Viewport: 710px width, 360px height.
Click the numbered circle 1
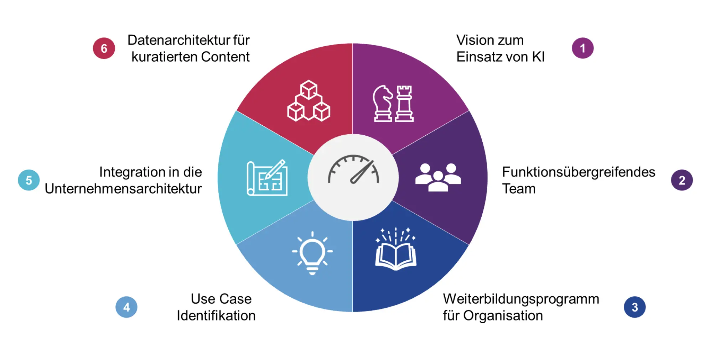582,48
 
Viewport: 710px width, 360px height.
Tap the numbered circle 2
682,180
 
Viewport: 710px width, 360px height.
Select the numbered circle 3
634,307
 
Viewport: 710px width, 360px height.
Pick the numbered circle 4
126,307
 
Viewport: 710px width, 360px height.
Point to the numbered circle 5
28,180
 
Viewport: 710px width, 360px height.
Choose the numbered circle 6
104,48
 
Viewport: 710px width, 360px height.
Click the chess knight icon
383,104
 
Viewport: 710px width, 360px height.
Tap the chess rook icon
404,104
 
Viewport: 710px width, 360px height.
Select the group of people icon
438,177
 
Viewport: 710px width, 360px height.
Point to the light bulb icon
312,253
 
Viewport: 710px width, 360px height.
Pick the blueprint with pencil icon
267,178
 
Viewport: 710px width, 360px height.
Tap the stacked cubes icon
309,101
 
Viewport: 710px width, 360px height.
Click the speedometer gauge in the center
353,169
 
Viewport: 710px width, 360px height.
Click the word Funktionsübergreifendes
579,172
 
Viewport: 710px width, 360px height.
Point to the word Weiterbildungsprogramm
521,299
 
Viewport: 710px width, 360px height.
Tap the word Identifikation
216,316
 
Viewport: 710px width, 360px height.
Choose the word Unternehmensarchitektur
123,189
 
